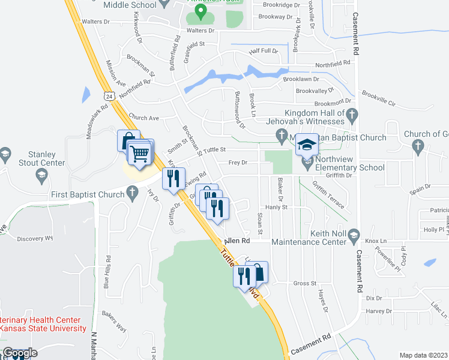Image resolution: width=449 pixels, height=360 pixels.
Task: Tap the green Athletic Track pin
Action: click(x=202, y=10)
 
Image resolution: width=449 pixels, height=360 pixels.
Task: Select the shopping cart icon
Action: click(x=140, y=154)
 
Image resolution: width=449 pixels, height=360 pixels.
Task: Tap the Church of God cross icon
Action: click(x=418, y=145)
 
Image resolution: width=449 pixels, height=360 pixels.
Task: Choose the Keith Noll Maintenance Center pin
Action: click(x=352, y=233)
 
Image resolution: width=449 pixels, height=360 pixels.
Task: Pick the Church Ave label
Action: click(x=143, y=118)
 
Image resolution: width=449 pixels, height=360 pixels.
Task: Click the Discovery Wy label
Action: click(x=35, y=238)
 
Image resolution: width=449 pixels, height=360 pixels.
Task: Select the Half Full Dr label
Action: click(x=264, y=52)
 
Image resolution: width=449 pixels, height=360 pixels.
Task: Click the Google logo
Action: click(x=20, y=353)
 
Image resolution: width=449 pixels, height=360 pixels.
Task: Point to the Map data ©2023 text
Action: click(x=424, y=355)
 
